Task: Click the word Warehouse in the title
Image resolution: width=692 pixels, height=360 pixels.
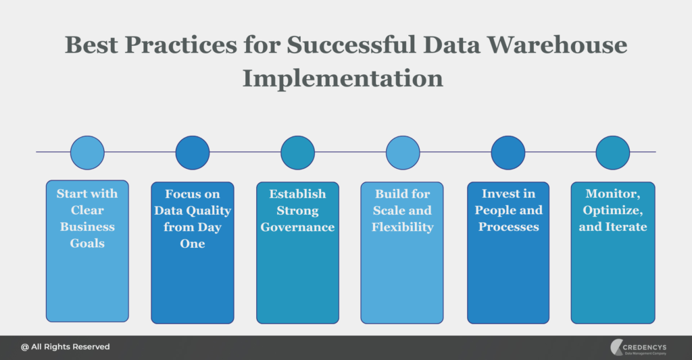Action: click(x=557, y=45)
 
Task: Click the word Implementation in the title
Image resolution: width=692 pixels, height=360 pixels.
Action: click(x=343, y=78)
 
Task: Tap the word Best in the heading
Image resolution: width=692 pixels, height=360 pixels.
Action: click(x=91, y=45)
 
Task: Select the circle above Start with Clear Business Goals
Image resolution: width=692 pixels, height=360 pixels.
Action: click(x=87, y=153)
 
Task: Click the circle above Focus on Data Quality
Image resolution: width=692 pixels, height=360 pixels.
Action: click(x=193, y=153)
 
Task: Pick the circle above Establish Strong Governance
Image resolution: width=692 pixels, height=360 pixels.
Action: click(x=298, y=153)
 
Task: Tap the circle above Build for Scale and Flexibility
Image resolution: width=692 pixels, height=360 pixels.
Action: click(x=403, y=153)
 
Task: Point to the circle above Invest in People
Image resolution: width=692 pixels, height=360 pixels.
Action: click(x=508, y=153)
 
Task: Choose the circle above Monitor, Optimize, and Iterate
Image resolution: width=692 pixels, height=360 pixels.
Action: click(x=612, y=153)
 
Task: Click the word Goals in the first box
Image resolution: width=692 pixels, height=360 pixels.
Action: click(x=87, y=244)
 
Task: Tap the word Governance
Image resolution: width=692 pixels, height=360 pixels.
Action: click(x=297, y=227)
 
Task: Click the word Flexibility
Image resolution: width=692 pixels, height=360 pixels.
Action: click(x=403, y=227)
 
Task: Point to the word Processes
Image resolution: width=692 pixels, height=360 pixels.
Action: click(x=509, y=227)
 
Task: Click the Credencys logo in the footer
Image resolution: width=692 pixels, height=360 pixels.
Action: click(x=638, y=347)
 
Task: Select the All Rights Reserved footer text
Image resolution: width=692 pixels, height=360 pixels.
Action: click(x=66, y=346)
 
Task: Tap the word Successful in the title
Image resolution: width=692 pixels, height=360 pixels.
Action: click(x=351, y=45)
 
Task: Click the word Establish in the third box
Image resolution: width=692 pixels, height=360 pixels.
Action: click(x=298, y=194)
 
